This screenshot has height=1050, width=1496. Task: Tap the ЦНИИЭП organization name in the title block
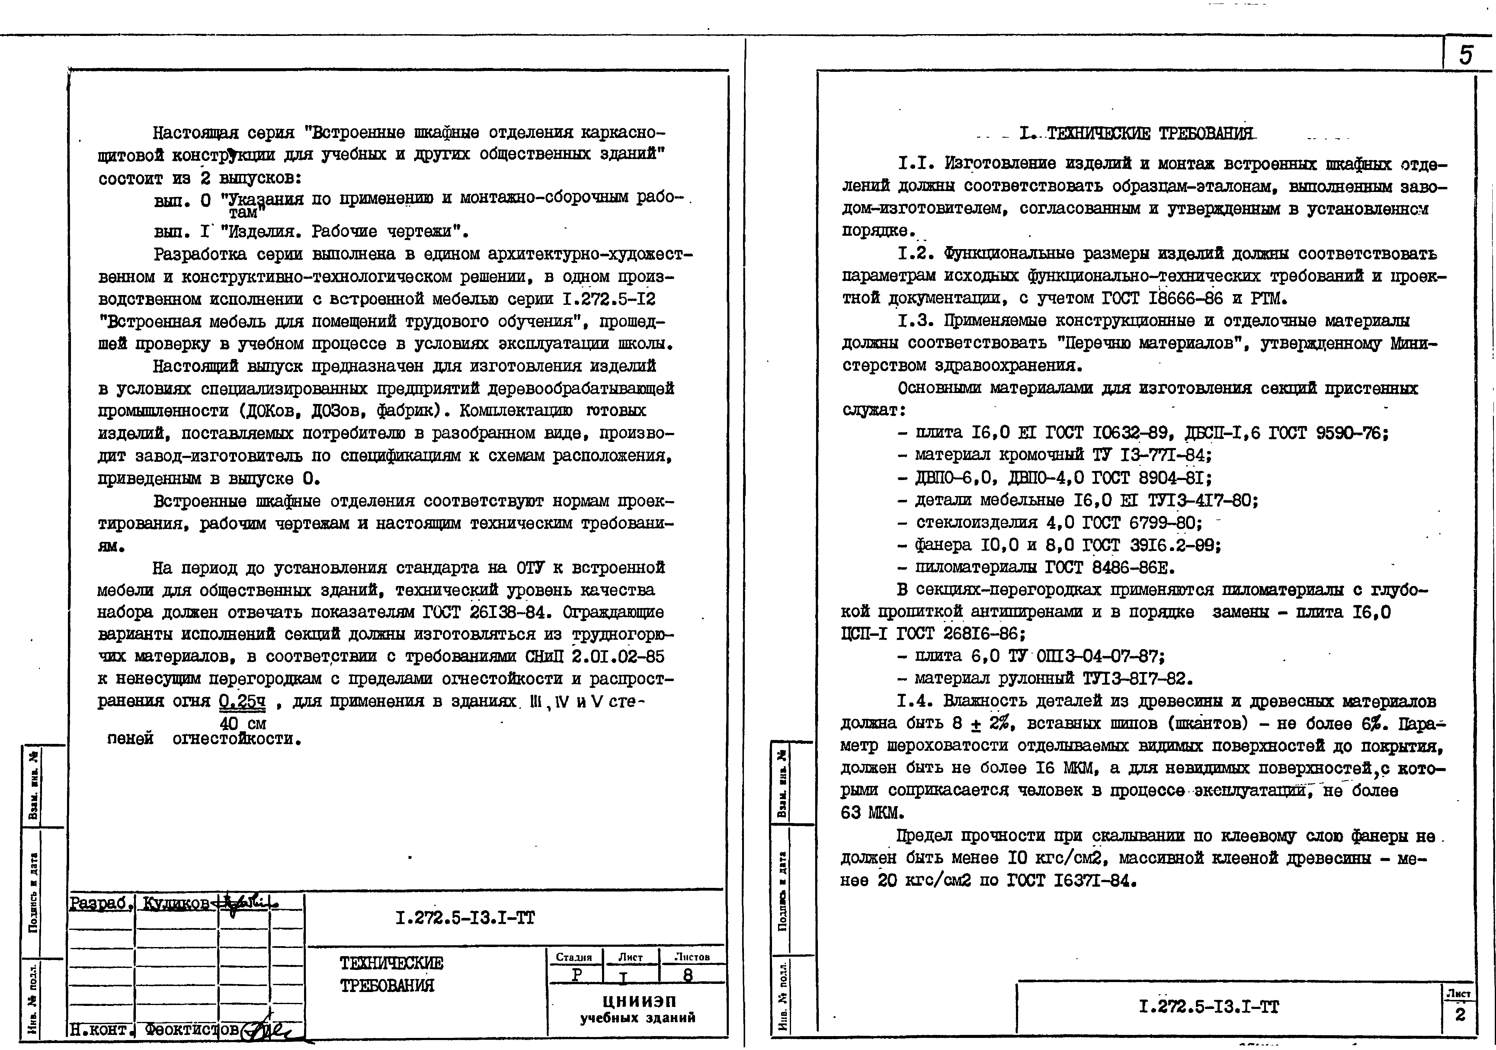coord(637,1001)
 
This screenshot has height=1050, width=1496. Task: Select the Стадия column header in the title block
coord(574,957)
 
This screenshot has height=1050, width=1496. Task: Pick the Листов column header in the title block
coord(692,957)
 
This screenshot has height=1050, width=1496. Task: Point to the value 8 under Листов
coord(688,975)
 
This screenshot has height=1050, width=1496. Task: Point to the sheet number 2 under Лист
coord(1460,1015)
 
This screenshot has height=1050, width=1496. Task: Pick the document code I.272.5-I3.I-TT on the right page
coord(1209,1007)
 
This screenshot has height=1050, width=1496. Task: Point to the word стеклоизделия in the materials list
coord(976,523)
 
